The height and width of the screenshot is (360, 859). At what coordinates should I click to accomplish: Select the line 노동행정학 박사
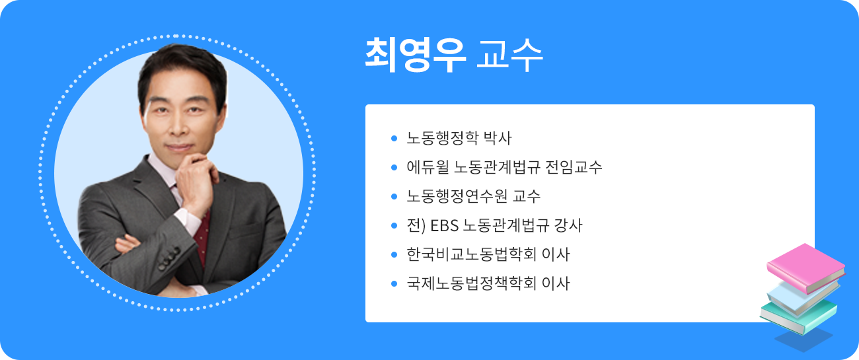pyautogui.click(x=459, y=139)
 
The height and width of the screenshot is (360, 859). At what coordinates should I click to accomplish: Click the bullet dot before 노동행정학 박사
pyautogui.click(x=394, y=139)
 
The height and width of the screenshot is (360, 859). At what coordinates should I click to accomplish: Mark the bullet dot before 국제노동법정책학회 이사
pyautogui.click(x=394, y=284)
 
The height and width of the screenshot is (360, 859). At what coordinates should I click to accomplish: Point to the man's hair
pyautogui.click(x=178, y=66)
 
